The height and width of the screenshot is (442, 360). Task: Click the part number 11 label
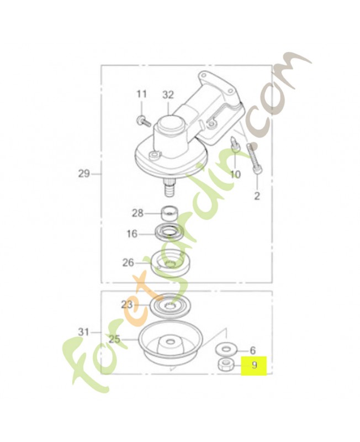tap(142, 94)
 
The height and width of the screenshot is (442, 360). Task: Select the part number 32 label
tap(168, 95)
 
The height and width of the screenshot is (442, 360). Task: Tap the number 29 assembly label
tap(84, 173)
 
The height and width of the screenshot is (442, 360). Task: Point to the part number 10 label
tap(236, 175)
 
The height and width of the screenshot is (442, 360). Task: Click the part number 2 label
tap(257, 196)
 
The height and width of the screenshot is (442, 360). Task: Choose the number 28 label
tap(137, 213)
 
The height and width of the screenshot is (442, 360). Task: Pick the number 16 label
tap(132, 234)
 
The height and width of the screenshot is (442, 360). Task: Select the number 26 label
tap(128, 263)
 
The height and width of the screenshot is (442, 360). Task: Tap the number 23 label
tap(127, 305)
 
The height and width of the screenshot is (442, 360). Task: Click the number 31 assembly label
tap(83, 332)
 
